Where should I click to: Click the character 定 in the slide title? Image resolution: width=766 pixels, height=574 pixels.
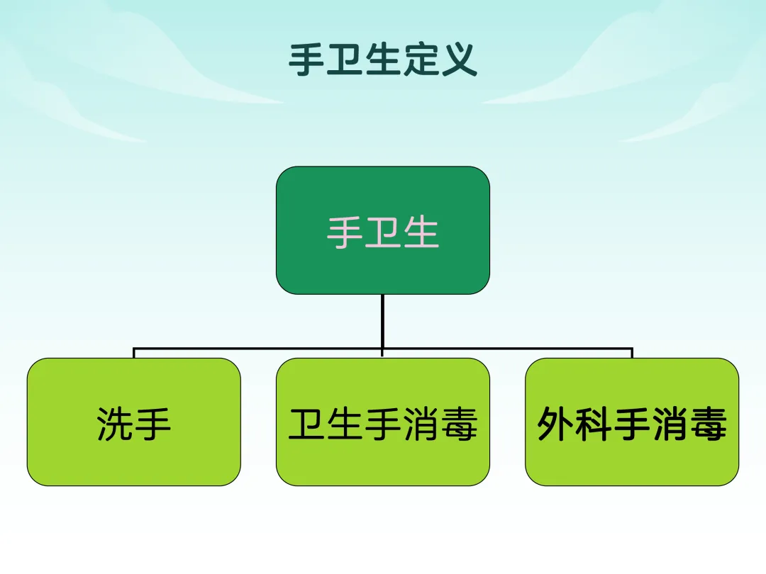point(421,60)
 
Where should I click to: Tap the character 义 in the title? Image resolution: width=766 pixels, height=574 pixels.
point(460,60)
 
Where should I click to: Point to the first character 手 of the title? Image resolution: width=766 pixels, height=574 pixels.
point(306,60)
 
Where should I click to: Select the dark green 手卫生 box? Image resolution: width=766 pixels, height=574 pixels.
point(383,230)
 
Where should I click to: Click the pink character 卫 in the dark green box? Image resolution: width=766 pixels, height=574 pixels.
point(383,233)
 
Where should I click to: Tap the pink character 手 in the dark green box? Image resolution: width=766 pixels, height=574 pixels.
point(345,233)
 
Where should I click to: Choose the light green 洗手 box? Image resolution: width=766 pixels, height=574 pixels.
point(134,422)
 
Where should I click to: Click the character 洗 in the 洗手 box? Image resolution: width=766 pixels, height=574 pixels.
point(115,424)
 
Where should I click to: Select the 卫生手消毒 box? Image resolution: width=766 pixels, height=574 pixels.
point(383,422)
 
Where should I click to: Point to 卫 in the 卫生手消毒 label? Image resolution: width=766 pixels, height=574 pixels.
point(307,424)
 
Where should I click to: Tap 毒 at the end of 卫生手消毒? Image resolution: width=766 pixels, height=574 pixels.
point(459,424)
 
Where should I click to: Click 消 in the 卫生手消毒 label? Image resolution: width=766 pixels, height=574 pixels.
point(421,424)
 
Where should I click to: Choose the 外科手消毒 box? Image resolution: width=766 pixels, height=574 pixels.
point(632,422)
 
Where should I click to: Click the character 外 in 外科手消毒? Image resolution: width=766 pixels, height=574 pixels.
point(556,424)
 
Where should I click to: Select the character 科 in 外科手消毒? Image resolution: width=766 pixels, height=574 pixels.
point(594,424)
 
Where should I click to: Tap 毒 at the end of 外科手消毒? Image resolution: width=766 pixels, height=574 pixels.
point(709,424)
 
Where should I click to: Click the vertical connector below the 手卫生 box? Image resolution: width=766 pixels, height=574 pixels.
point(382,321)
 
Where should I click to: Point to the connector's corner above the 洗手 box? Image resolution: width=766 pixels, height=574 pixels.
point(134,349)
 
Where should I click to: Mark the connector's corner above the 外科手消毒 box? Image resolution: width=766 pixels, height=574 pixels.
point(632,349)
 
